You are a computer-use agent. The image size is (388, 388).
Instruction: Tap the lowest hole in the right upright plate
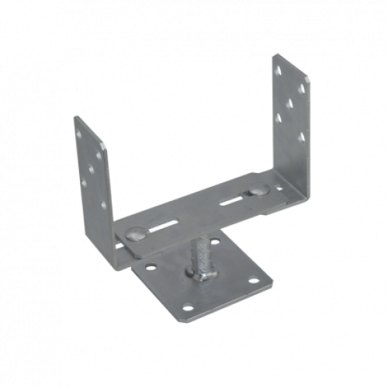(x=300, y=138)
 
